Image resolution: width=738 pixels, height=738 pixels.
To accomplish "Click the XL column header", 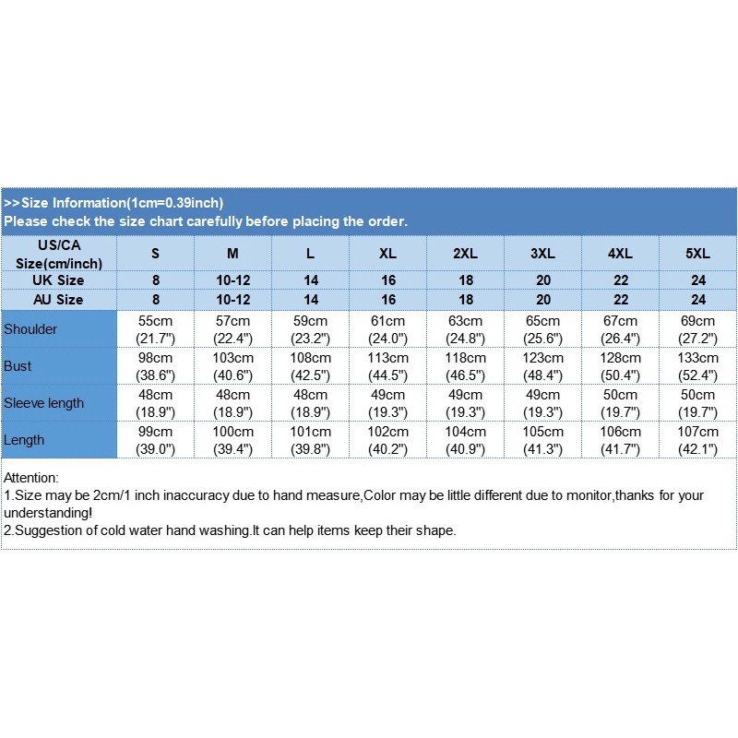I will pyautogui.click(x=387, y=253).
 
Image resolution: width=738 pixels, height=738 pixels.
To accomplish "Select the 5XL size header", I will pyautogui.click(x=697, y=253).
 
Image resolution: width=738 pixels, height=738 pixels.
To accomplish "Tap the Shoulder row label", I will pyautogui.click(x=30, y=329).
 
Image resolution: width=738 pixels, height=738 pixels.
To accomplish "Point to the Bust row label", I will pyautogui.click(x=18, y=366).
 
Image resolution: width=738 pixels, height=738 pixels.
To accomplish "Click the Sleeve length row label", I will pyautogui.click(x=43, y=403).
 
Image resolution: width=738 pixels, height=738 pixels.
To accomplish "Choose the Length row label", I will pyautogui.click(x=24, y=440).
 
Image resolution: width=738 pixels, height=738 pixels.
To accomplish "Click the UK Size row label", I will pyautogui.click(x=58, y=280).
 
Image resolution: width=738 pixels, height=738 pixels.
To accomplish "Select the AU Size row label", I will pyautogui.click(x=58, y=300).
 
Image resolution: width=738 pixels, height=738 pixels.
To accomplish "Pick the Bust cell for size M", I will pyautogui.click(x=232, y=366).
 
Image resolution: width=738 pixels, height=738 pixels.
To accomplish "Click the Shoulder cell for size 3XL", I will pyautogui.click(x=542, y=329).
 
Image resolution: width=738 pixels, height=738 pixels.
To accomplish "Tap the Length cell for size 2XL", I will pyautogui.click(x=465, y=440).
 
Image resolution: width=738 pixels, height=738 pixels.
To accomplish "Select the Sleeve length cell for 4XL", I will pyautogui.click(x=620, y=403).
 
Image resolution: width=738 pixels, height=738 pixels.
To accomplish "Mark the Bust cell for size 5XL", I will pyautogui.click(x=697, y=366).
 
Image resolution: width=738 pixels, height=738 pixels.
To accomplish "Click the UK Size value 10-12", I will pyautogui.click(x=232, y=280).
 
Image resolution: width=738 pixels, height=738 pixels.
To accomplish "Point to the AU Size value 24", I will pyautogui.click(x=697, y=300).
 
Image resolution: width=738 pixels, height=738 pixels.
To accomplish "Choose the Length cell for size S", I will pyautogui.click(x=155, y=440).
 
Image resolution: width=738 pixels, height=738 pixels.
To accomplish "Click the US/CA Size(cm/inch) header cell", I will pyautogui.click(x=58, y=254).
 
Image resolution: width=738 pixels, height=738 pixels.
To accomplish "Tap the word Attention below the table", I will pyautogui.click(x=30, y=478).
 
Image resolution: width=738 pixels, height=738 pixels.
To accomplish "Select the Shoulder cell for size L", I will pyautogui.click(x=310, y=329).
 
